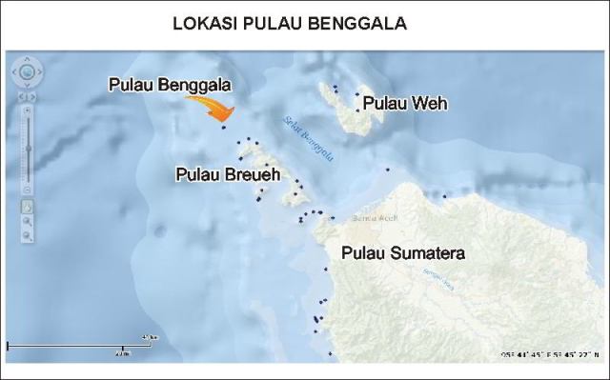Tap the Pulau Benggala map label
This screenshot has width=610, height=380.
pos(170,86)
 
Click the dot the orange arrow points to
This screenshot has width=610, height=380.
pos(223,126)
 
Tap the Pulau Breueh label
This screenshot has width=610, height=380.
pos(228,175)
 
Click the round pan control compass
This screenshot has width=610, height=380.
pos(28,71)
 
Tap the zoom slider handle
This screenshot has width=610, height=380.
pos(28,147)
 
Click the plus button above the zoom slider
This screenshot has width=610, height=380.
pos(28,110)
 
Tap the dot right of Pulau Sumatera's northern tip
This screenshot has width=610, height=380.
pos(445,197)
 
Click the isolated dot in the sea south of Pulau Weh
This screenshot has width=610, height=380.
pos(388,170)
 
